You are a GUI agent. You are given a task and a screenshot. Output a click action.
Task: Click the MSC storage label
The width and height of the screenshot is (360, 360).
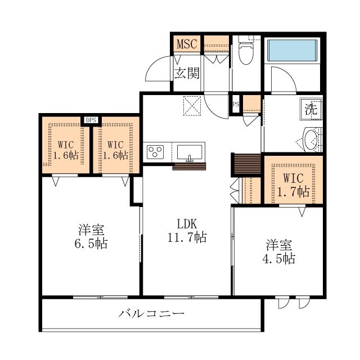tap(187, 44)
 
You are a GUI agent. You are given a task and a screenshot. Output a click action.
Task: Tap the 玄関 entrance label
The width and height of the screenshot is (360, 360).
tap(187, 73)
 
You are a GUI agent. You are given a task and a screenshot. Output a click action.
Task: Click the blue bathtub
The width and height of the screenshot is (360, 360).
tap(292, 50)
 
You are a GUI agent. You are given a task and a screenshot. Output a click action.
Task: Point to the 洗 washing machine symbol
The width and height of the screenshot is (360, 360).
tap(311, 109)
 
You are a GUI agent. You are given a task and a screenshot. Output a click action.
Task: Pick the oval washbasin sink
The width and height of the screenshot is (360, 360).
tap(310, 140)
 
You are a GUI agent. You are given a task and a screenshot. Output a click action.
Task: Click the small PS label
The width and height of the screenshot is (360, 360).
tap(236, 105)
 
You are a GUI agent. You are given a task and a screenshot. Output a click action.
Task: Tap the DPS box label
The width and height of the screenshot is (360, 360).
tap(91, 120)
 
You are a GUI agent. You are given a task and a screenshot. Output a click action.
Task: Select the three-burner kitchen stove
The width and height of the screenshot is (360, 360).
tap(155, 152)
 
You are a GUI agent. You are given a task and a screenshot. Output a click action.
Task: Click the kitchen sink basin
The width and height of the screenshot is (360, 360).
tap(190, 152)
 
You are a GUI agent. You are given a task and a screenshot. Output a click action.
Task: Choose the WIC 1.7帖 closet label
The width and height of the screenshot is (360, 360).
tap(294, 185)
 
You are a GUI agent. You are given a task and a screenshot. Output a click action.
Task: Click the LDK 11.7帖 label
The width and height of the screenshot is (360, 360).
tap(187, 231)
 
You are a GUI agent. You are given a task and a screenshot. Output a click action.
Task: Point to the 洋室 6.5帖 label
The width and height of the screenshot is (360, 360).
tap(91, 237)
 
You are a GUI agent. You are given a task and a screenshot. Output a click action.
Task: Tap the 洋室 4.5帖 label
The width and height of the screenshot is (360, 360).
tap(279, 251)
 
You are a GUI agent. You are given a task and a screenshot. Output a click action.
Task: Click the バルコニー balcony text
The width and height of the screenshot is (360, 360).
tap(151, 313)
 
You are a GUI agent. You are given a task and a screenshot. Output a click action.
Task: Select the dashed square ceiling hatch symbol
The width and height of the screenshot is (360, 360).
tap(192, 105)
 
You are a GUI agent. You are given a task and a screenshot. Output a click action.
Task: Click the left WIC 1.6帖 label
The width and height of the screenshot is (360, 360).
tap(66, 150)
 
